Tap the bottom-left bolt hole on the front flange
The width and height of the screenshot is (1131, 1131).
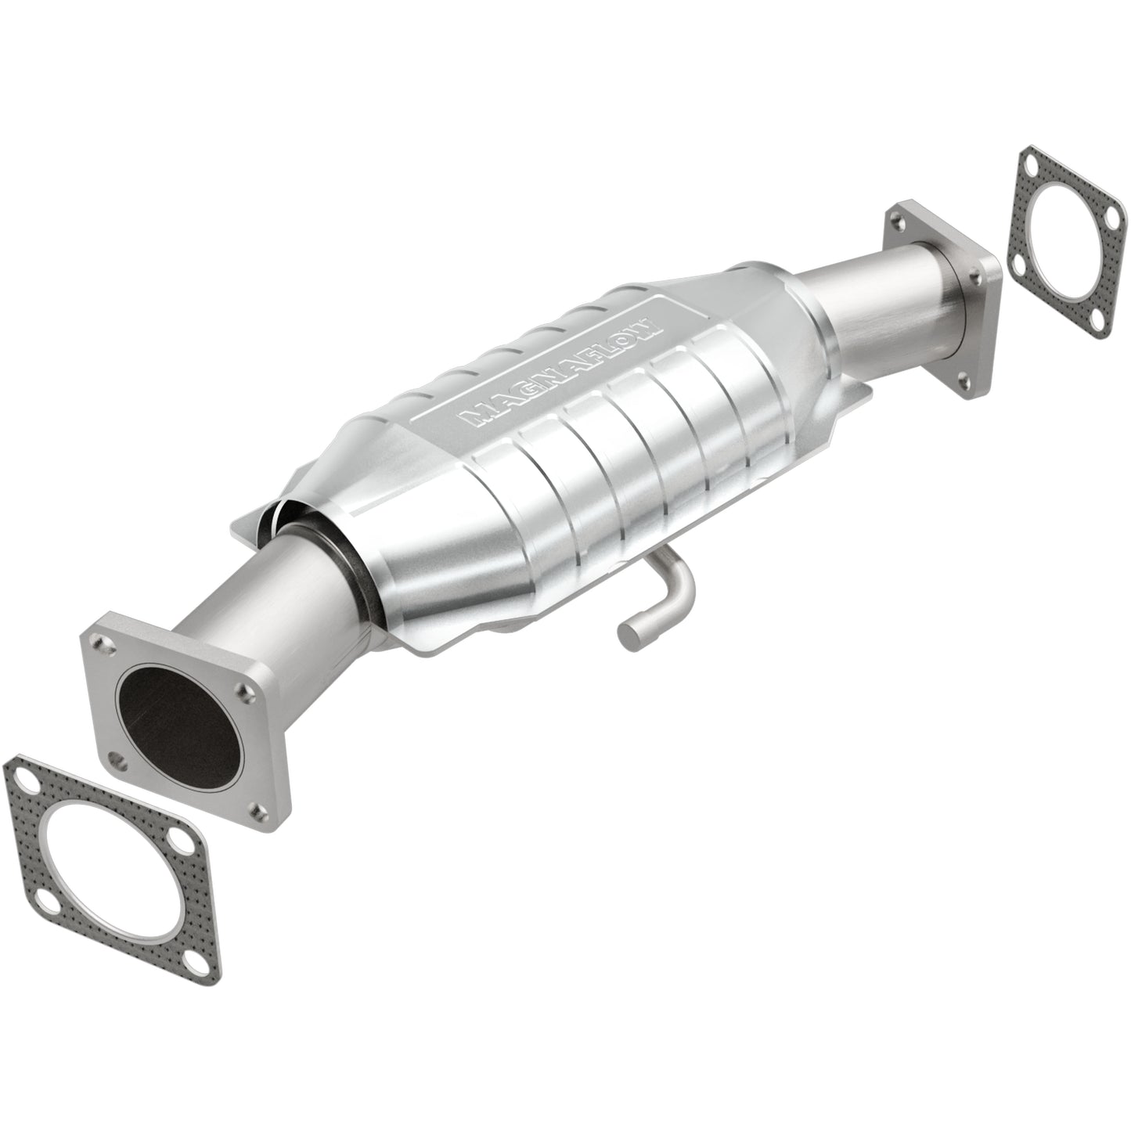[117, 758]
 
